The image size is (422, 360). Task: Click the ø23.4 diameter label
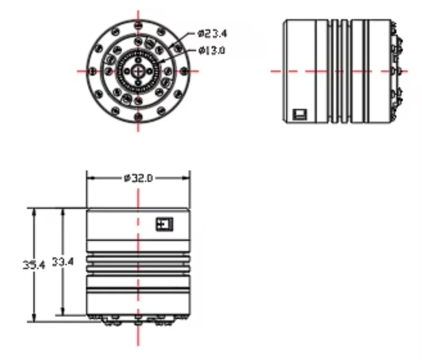pyautogui.click(x=212, y=34)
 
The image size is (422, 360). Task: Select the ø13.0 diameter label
pyautogui.click(x=212, y=50)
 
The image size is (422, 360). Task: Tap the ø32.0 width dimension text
pyautogui.click(x=138, y=178)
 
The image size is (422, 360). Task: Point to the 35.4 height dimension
pyautogui.click(x=34, y=265)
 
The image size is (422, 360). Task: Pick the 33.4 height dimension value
pyautogui.click(x=63, y=261)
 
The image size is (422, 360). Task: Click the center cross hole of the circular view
pyautogui.click(x=138, y=71)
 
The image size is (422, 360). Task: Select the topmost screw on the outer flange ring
pyautogui.click(x=138, y=26)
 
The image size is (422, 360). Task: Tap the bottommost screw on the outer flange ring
pyautogui.click(x=138, y=117)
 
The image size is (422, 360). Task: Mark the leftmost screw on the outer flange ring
pyautogui.click(x=93, y=71)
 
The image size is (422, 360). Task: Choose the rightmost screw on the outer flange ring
pyautogui.click(x=184, y=71)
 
